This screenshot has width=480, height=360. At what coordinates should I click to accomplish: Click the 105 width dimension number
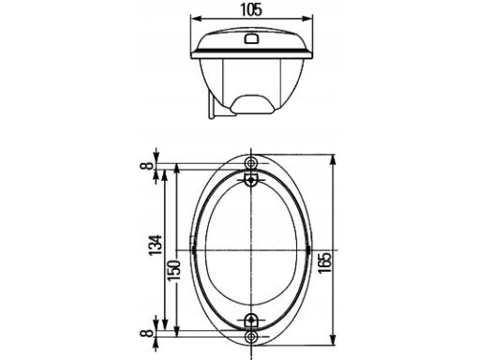[x=251, y=10]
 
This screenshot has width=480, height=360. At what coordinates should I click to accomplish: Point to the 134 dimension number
[x=155, y=245]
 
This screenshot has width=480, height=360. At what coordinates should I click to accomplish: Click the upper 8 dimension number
[x=147, y=166]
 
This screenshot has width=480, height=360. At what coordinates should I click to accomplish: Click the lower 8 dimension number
[x=147, y=333]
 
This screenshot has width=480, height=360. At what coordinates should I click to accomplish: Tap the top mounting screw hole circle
[x=250, y=163]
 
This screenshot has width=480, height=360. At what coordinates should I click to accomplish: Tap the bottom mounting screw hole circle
[x=250, y=337]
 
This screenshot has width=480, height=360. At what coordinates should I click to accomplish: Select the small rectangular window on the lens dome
[x=251, y=38]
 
